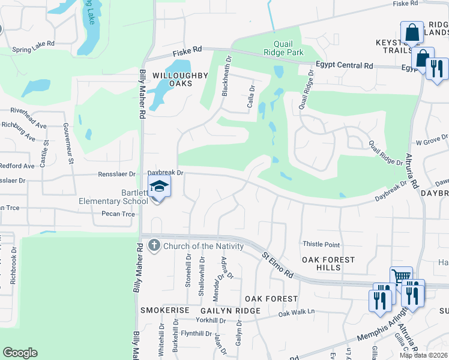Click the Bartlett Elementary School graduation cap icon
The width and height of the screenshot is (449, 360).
159,187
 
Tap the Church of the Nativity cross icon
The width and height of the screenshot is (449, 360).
154,245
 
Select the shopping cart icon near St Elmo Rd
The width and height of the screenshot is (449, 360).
401,277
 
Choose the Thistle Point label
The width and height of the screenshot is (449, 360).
321,245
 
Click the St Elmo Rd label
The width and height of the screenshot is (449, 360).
277,264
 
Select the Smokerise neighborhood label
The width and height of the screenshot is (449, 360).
165,310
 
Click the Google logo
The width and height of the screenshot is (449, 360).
20,353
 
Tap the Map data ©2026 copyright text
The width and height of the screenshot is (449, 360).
423,355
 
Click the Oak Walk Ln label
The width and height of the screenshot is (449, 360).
296,313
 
